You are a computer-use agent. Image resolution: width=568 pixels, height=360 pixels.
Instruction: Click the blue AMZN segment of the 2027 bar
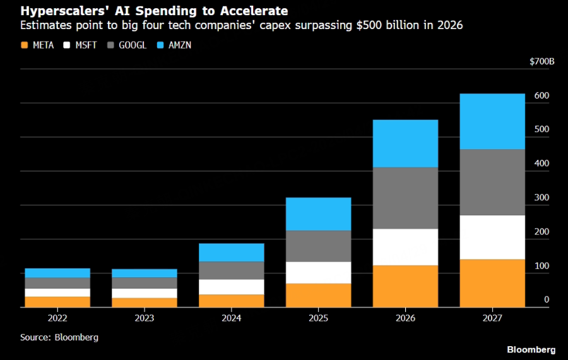492,121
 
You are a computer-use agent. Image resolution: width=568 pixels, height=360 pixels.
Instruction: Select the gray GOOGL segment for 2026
405,198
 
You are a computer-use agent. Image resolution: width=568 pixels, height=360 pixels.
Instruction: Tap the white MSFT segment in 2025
318,272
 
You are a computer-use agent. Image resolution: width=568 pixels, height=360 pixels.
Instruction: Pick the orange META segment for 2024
231,301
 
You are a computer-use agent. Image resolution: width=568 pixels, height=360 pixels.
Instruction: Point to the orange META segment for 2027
492,283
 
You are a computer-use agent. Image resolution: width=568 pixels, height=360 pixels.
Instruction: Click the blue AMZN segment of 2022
57,273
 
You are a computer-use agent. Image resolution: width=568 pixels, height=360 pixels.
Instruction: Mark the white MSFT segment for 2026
405,247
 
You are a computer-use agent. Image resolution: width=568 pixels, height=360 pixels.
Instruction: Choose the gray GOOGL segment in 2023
145,283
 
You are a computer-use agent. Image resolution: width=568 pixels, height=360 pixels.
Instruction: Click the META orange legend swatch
25,45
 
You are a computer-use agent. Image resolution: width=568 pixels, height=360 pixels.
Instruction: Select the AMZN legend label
180,45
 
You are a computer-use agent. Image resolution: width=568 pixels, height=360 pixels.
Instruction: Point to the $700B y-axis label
542,61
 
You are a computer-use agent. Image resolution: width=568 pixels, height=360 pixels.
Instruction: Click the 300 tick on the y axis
541,198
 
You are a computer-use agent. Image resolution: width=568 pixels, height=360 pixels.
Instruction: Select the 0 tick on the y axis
547,300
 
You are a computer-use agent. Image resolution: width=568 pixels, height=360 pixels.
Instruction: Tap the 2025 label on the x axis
318,318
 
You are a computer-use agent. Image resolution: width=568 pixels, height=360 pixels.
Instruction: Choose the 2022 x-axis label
57,318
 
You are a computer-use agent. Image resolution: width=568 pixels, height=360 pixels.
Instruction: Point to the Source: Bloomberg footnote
59,337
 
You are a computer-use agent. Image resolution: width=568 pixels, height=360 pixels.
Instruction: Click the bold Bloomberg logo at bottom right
531,349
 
